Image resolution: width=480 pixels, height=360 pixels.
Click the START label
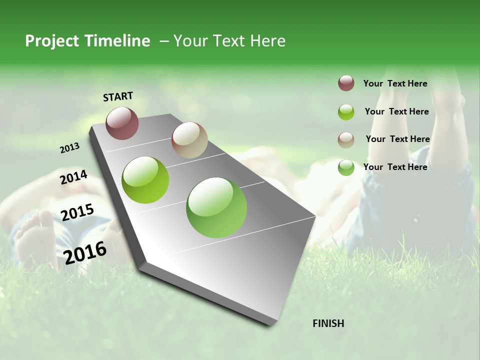[x=118, y=96]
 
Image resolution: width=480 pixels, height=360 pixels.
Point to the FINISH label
[x=328, y=323]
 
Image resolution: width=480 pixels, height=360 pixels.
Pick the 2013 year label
[x=70, y=148]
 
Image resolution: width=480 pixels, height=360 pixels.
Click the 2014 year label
[x=74, y=177]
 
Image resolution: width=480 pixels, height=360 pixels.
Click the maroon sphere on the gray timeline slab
[x=122, y=123]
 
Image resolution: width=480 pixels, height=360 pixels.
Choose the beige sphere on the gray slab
[x=189, y=140]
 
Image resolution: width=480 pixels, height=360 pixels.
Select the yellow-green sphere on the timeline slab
[x=145, y=180]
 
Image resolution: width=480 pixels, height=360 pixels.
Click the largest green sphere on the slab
[x=216, y=207]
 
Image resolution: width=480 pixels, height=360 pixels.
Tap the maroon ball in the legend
[x=346, y=83]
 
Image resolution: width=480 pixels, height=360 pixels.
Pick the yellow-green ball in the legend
[x=346, y=112]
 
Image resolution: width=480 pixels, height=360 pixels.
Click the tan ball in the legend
[x=346, y=140]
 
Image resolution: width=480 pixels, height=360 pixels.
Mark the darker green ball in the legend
[x=346, y=167]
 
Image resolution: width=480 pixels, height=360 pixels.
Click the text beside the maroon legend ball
[x=395, y=83]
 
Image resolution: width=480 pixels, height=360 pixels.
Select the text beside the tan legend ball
[x=397, y=139]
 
